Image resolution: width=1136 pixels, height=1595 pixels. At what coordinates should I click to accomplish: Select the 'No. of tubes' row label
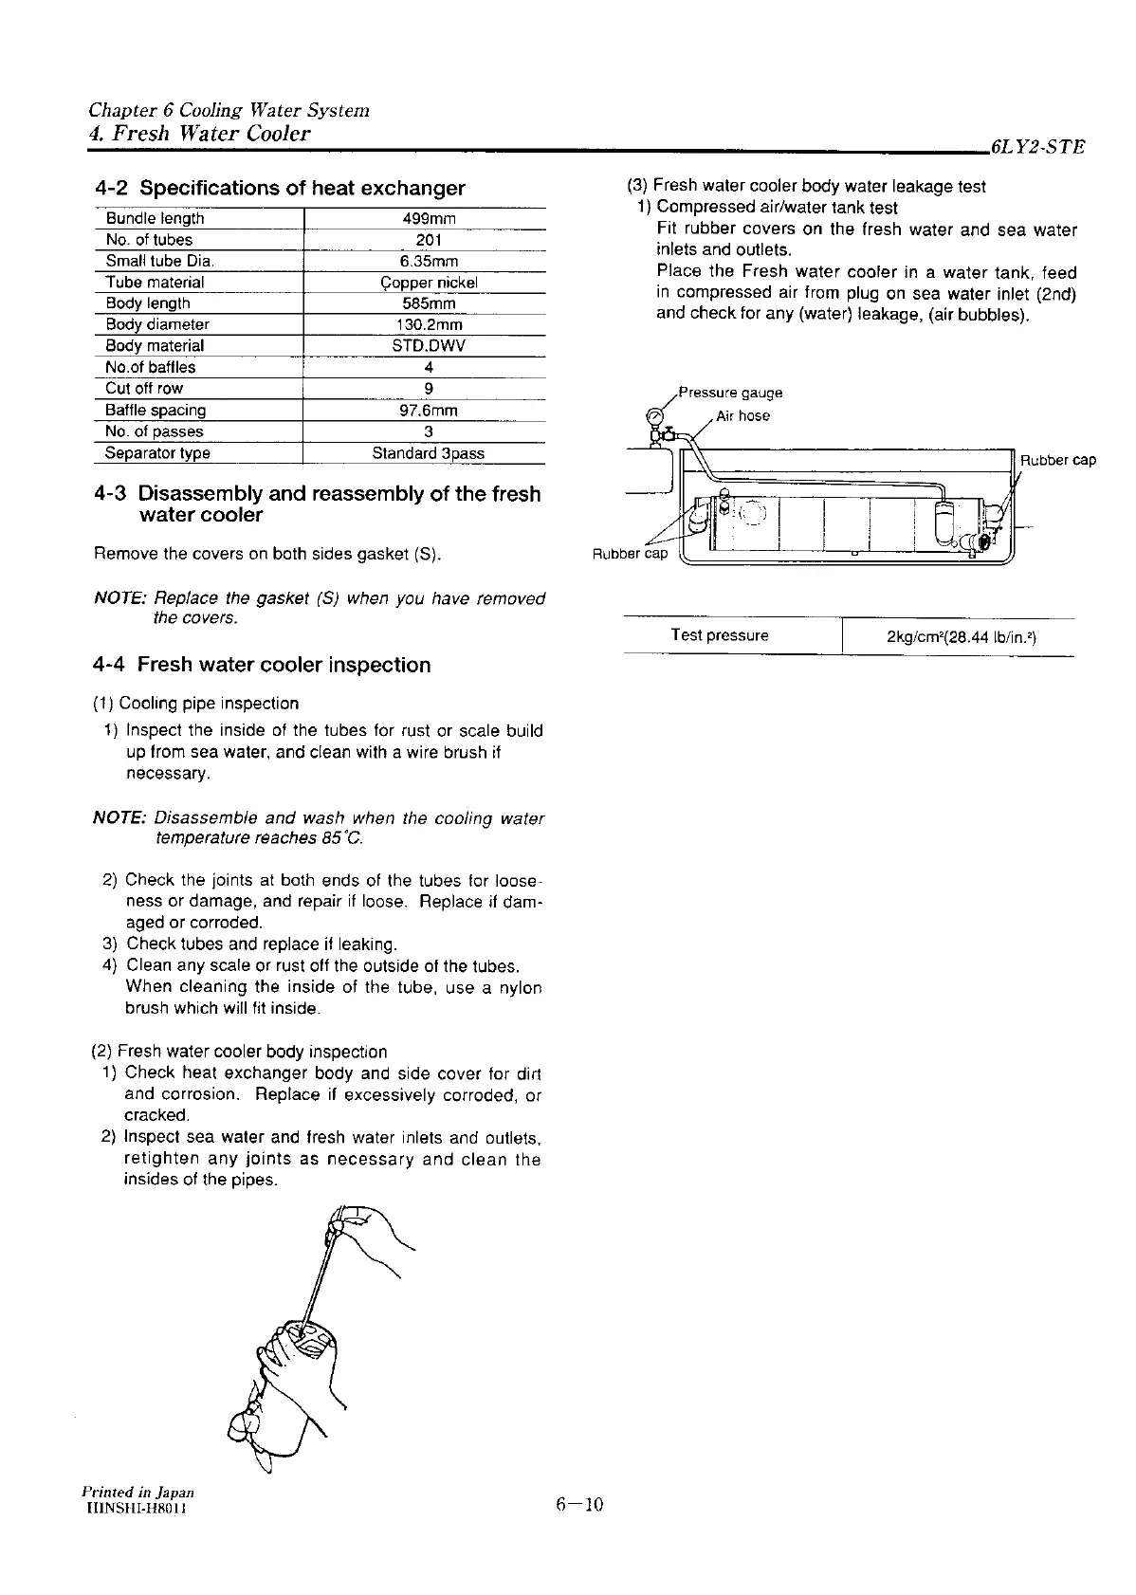click(149, 240)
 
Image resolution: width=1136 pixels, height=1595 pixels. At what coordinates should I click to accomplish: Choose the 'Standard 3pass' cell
click(429, 453)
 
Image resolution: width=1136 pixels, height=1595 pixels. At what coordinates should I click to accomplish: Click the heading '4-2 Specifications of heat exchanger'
click(280, 188)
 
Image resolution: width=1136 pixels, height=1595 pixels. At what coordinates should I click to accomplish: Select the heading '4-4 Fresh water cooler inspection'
click(262, 665)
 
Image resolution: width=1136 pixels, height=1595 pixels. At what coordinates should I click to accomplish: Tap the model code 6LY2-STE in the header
click(1035, 148)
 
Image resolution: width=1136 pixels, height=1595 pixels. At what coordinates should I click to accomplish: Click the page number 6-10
click(579, 1504)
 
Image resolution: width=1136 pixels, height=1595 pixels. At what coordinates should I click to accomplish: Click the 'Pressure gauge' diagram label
click(731, 393)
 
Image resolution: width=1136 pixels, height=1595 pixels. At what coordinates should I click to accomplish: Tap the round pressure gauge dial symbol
click(654, 415)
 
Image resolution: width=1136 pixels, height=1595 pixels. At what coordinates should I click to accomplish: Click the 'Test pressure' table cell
click(719, 635)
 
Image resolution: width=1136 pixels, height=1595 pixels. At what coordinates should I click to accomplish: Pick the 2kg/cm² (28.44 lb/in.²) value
click(961, 636)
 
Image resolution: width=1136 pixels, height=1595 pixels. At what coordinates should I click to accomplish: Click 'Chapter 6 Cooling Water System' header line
click(229, 110)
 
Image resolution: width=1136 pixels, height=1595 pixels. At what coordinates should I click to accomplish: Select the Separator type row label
click(157, 453)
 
